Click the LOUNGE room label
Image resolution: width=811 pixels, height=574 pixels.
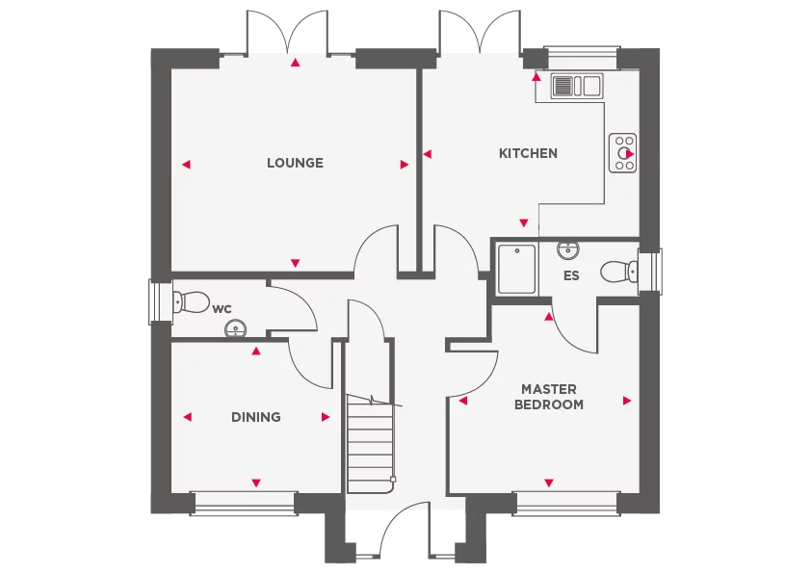295,163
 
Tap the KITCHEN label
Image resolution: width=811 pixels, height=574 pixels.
528,153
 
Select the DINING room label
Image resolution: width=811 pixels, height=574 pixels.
256,417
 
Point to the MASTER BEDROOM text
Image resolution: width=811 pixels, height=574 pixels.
548,397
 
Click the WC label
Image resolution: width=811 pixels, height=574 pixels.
222,309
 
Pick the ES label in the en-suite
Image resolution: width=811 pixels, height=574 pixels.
571,275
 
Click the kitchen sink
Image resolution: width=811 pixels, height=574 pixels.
576,86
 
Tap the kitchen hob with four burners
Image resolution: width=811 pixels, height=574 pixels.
623,153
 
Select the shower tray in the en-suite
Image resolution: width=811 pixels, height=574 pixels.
516,269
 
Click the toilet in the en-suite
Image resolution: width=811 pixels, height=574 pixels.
618,272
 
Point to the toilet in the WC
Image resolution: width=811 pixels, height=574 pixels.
191,302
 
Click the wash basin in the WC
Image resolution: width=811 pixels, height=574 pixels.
234,330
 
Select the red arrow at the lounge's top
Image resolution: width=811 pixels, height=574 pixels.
295,64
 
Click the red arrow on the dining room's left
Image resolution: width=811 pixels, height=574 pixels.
187,417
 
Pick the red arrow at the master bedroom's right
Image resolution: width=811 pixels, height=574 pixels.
627,401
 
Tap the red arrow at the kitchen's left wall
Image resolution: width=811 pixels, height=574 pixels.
427,153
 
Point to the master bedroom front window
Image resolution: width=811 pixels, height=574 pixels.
565,499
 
